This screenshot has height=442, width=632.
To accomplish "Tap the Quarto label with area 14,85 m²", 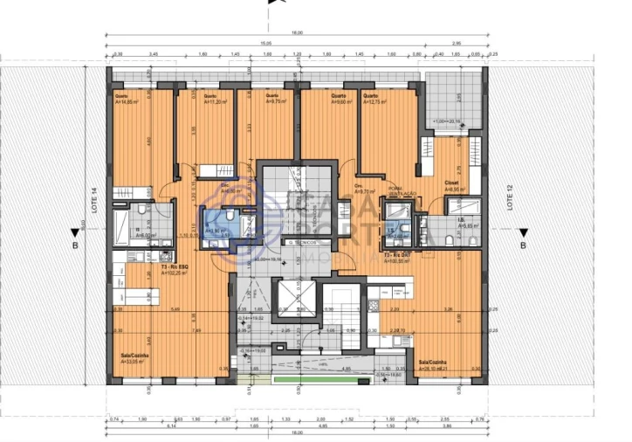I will click(128, 99).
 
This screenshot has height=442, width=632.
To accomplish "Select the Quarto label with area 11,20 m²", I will click(215, 99).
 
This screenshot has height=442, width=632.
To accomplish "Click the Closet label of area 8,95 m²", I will click(454, 185).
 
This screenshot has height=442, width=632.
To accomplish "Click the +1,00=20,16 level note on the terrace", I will click(449, 121).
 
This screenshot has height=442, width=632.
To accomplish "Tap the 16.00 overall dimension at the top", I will click(297, 32).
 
